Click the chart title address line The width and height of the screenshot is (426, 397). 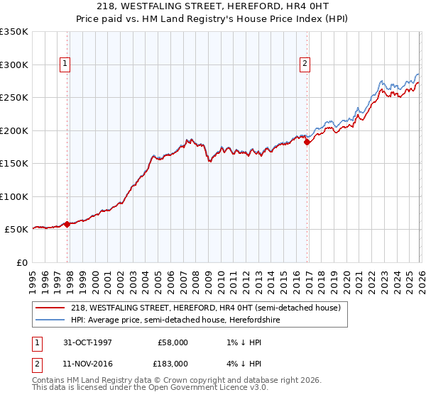[x=213, y=6]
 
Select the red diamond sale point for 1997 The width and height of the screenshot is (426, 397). [x=67, y=224]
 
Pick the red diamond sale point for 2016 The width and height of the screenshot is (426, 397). [x=307, y=142]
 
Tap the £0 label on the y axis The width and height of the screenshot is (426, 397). [x=21, y=262]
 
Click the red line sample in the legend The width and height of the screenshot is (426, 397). [x=50, y=308]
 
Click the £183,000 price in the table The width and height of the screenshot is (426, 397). [x=173, y=362]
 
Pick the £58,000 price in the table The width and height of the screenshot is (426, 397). [x=173, y=342]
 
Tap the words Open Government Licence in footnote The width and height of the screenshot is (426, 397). [x=206, y=388]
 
